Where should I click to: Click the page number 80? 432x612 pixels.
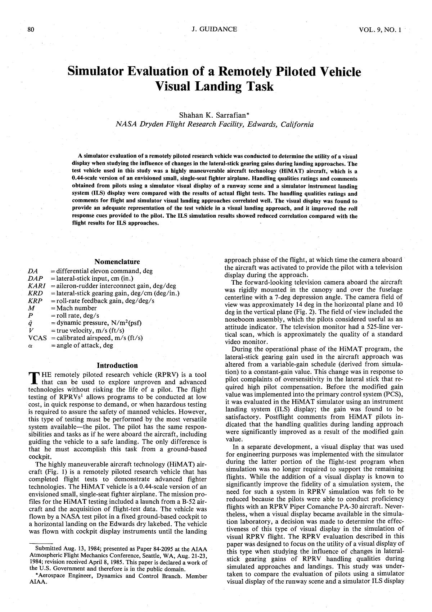[x=31, y=30]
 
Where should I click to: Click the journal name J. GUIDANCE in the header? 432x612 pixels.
[x=215, y=30]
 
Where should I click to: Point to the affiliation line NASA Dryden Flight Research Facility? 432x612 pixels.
[x=215, y=124]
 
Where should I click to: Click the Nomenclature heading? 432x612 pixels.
[x=117, y=262]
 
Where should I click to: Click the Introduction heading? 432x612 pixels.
[x=117, y=366]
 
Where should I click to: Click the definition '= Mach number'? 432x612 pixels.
[x=74, y=308]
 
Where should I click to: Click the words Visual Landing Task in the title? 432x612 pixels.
[x=215, y=87]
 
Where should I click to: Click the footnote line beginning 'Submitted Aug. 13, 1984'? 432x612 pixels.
[x=121, y=549]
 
